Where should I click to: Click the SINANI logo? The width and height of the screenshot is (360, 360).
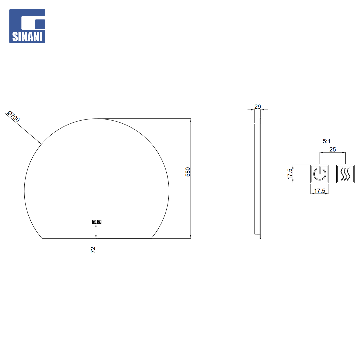coord(27,26)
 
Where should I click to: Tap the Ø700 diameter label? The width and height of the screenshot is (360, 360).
coord(14,116)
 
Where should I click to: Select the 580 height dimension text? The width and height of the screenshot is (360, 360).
coord(188,172)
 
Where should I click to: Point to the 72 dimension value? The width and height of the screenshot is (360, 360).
coord(93,250)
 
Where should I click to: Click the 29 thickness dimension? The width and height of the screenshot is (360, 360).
coord(258,107)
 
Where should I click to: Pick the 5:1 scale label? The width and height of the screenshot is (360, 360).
coord(326,141)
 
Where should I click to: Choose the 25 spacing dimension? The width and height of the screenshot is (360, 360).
coord(332,149)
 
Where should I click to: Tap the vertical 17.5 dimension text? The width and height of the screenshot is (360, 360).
coord(290,174)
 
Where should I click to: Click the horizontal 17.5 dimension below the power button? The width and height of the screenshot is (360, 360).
coord(320,191)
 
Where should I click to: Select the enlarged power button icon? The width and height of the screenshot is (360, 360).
coord(320,174)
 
